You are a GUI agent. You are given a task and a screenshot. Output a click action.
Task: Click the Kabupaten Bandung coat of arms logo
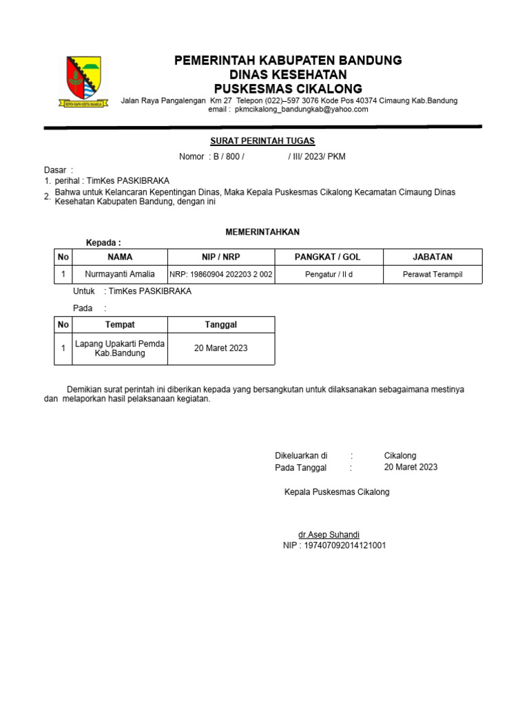83,81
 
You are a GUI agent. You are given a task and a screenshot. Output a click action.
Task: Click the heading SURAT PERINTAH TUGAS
262,141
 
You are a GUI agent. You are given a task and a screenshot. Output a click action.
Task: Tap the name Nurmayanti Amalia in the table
120,274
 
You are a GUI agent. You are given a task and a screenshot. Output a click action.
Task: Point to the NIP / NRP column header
221,257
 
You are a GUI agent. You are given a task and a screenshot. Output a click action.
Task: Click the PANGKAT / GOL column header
328,257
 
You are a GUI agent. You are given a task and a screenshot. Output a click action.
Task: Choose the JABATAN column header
433,257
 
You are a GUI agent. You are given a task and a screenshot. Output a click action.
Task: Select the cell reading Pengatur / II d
328,275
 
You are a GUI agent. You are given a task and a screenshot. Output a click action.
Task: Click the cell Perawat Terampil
433,275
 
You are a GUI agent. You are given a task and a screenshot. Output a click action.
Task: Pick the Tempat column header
120,324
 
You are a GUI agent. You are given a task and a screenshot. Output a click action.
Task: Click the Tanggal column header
221,324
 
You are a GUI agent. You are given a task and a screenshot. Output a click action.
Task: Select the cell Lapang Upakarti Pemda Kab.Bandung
120,348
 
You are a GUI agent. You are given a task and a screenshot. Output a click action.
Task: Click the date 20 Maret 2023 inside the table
221,348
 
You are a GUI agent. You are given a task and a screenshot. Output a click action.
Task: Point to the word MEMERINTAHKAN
262,232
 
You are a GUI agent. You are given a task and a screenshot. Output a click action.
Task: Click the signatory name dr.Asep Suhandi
329,535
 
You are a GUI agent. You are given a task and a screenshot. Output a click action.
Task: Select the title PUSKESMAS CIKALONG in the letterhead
288,89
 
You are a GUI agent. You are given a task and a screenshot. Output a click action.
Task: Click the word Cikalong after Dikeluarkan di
400,456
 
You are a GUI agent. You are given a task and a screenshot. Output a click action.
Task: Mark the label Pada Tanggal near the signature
301,467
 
